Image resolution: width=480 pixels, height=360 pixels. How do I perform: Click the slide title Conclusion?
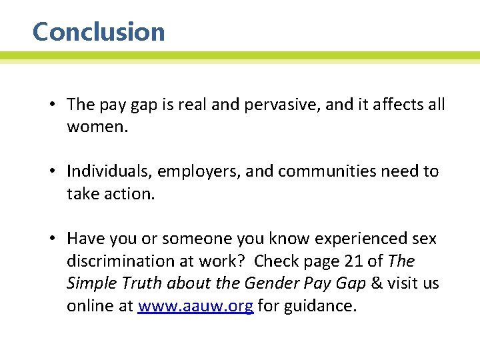click(x=99, y=32)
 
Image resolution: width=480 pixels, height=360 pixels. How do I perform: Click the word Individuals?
click(x=110, y=171)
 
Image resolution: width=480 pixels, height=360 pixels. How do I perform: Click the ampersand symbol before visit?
click(x=377, y=283)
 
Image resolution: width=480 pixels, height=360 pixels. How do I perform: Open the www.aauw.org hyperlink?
click(x=195, y=306)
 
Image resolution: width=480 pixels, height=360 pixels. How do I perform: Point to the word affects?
click(x=392, y=105)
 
